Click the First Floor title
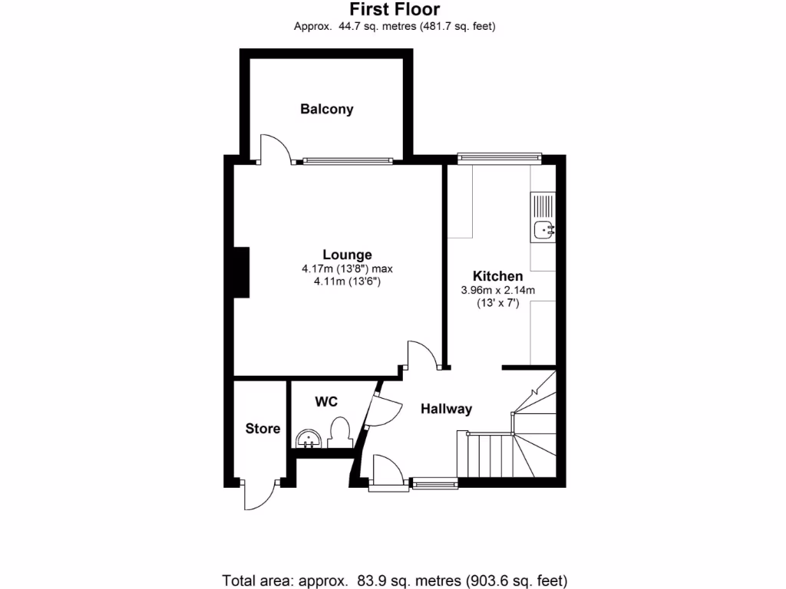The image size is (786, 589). point(395,9)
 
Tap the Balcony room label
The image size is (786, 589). point(327,109)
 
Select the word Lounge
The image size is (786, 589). point(347,255)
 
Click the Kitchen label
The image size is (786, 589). point(497,276)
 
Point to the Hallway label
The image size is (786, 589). point(446,409)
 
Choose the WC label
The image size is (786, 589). point(326,401)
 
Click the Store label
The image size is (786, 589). point(263,429)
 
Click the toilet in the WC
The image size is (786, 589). point(339,432)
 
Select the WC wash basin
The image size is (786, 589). point(309,439)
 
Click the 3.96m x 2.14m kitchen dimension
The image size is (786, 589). point(497,290)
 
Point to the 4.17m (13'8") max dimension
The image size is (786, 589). point(347,269)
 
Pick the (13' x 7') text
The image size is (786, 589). point(497,303)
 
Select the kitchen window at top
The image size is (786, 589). point(499,158)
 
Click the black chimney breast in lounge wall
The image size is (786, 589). point(242,271)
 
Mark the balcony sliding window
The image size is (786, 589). point(348,161)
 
